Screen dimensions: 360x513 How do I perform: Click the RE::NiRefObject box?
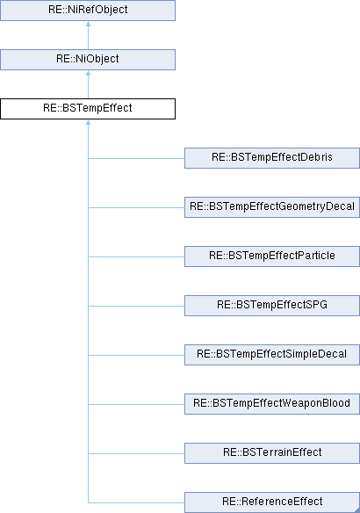[88, 11]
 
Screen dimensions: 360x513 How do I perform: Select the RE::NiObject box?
[88, 60]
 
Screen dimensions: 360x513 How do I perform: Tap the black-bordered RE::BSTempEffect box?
[88, 109]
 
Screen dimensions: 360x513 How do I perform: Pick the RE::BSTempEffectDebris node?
[272, 158]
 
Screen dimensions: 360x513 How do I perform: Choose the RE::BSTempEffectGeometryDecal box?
[272, 207]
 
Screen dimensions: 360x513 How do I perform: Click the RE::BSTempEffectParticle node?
[272, 256]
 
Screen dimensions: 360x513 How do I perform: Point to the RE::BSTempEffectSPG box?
[272, 306]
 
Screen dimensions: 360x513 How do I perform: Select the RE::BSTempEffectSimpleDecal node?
[272, 355]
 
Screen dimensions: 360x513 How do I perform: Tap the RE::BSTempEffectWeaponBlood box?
[272, 404]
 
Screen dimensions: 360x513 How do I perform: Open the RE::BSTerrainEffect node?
[272, 453]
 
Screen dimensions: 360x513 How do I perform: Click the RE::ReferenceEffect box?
[272, 502]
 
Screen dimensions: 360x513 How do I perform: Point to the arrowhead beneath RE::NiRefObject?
[88, 24]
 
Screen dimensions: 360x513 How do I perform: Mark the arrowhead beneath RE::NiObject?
[88, 73]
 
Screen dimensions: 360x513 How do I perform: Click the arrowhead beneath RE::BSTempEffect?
[88, 122]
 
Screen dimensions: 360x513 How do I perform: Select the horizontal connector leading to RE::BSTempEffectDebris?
[136, 159]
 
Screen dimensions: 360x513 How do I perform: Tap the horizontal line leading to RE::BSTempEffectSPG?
[136, 307]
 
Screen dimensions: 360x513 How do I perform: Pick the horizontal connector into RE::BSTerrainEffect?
[136, 454]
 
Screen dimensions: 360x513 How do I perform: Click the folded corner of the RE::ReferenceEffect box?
[357, 510]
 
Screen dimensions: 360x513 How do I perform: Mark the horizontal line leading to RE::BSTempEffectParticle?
[136, 256]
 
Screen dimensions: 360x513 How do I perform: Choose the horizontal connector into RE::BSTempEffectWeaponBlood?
[136, 404]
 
